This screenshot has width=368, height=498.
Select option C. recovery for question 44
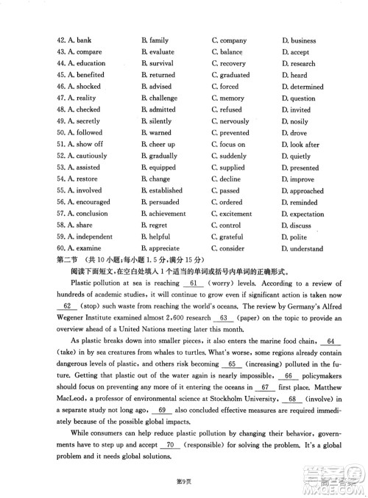229,64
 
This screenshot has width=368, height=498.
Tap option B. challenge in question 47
158,98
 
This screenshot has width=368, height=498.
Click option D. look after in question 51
300,145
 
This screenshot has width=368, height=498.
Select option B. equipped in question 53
158,167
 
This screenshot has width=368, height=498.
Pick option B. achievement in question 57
163,214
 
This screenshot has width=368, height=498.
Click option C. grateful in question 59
227,237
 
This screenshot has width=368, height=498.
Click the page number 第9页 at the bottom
184,480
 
